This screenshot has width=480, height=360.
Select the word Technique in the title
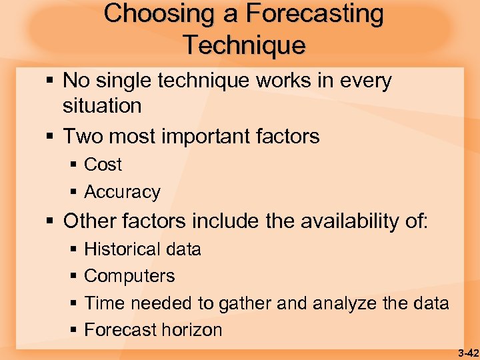[244, 45]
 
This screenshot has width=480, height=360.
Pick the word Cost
[103, 165]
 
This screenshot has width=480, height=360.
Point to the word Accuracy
[122, 193]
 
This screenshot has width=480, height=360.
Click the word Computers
[129, 276]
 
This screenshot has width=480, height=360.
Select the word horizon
[189, 330]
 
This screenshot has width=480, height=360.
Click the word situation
[102, 105]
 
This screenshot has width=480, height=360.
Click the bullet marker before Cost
[74, 165]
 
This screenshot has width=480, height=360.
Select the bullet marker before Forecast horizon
[74, 330]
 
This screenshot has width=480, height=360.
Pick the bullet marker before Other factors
[52, 221]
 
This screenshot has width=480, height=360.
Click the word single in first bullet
[126, 81]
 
